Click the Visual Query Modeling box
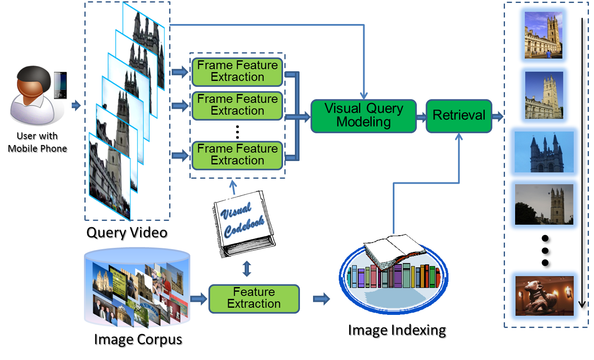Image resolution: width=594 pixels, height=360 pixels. pyautogui.click(x=363, y=116)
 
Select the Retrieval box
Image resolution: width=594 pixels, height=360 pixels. pyautogui.click(x=459, y=116)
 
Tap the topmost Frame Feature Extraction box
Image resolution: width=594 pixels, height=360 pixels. pyautogui.click(x=237, y=72)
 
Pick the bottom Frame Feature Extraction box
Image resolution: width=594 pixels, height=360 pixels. pyautogui.click(x=237, y=155)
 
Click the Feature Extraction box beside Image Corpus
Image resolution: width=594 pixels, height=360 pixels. pyautogui.click(x=254, y=298)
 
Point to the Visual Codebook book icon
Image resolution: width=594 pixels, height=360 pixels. pyautogui.click(x=244, y=223)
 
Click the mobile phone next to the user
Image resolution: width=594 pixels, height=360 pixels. pyautogui.click(x=60, y=85)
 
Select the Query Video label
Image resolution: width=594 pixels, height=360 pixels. pyautogui.click(x=127, y=233)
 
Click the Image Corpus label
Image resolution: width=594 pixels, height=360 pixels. pyautogui.click(x=138, y=340)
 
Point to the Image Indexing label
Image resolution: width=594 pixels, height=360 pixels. pyautogui.click(x=397, y=331)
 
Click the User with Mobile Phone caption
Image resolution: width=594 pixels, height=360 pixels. pyautogui.click(x=38, y=142)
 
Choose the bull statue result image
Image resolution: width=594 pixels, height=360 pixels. pyautogui.click(x=544, y=296)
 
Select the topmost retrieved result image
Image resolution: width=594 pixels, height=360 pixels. pyautogui.click(x=543, y=35)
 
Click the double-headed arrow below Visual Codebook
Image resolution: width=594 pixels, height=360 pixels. pyautogui.click(x=247, y=269)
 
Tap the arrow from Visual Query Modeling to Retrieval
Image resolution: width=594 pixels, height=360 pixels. pyautogui.click(x=421, y=117)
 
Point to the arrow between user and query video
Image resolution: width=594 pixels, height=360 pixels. pyautogui.click(x=76, y=105)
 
